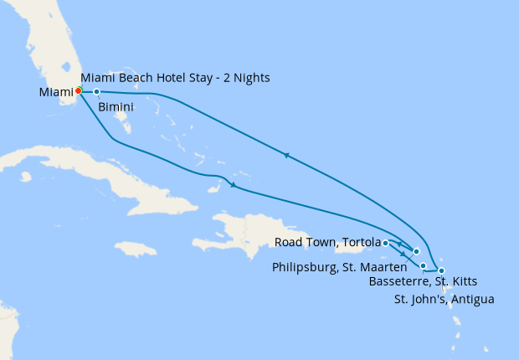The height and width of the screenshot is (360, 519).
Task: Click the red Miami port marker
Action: (78, 91)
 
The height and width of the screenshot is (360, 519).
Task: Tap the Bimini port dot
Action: (97, 91)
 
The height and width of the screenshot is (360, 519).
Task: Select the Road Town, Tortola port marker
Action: (385, 243)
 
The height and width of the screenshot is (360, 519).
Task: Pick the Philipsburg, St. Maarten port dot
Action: (416, 251)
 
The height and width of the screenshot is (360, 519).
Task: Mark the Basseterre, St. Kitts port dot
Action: (424, 266)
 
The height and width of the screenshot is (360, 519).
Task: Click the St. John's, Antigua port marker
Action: (441, 270)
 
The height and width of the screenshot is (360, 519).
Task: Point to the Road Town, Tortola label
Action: (327, 243)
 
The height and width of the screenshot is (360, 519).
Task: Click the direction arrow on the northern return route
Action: (286, 155)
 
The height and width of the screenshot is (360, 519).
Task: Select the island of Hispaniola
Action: (243, 230)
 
